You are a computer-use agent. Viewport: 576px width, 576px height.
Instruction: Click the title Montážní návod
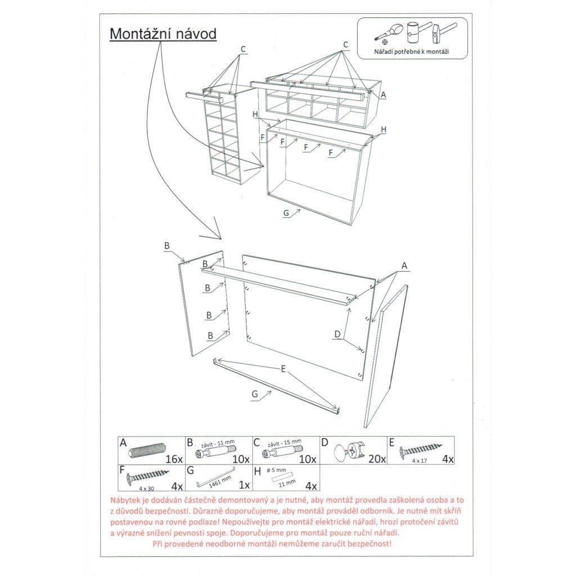tap(163, 33)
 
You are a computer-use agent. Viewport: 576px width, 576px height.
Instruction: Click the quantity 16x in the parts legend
tap(175, 459)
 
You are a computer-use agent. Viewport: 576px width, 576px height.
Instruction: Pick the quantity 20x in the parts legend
tap(377, 459)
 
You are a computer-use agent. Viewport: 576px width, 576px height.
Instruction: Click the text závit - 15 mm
tap(286, 442)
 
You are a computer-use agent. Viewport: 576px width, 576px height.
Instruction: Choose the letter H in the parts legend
tap(258, 471)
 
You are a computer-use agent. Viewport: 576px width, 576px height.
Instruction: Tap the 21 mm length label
tap(287, 483)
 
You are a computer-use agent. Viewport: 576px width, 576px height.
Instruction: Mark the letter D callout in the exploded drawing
tap(337, 335)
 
